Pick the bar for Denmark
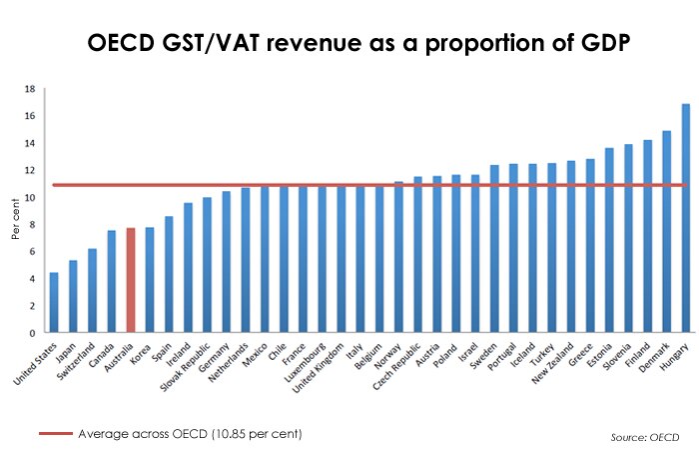pyautogui.click(x=667, y=231)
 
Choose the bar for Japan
pyautogui.click(x=73, y=296)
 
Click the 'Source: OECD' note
pyautogui.click(x=647, y=437)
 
